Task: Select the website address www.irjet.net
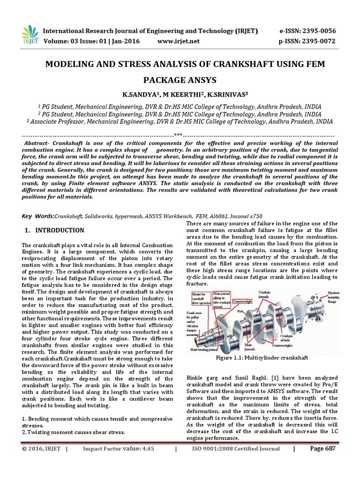tap(179, 41)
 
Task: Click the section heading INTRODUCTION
tap(60, 231)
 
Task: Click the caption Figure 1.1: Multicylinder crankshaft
tap(262, 358)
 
